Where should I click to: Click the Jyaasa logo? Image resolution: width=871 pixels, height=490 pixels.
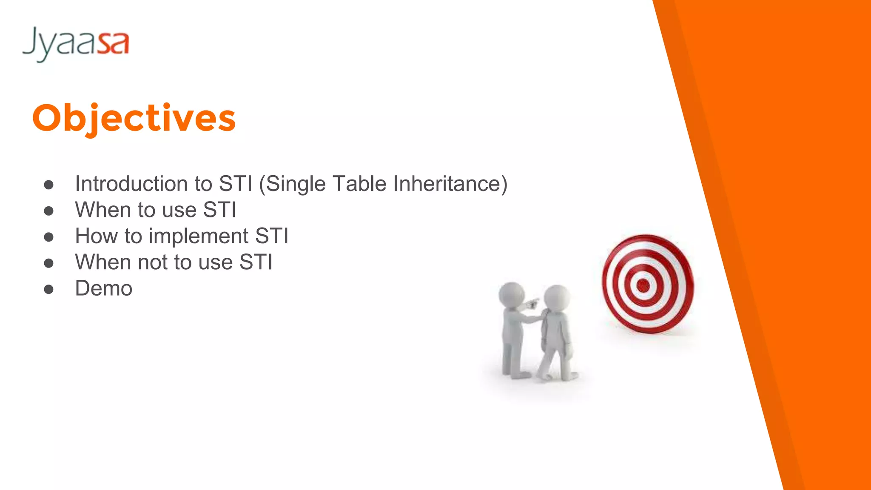click(x=76, y=43)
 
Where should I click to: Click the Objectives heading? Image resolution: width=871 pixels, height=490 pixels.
click(x=134, y=118)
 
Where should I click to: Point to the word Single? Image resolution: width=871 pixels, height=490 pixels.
click(x=296, y=185)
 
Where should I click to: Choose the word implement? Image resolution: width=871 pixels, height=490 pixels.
click(x=198, y=236)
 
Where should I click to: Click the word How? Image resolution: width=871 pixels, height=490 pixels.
click(x=96, y=236)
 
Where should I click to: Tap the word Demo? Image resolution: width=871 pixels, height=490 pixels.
click(x=104, y=288)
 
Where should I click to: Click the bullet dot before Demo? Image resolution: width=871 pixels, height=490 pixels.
click(x=49, y=290)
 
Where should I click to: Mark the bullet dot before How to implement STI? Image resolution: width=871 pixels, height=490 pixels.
click(x=49, y=237)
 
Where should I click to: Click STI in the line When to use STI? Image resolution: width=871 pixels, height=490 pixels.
click(x=219, y=210)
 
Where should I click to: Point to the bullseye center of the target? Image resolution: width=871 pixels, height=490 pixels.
click(x=643, y=285)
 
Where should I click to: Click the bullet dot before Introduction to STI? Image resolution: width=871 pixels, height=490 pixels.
click(x=49, y=185)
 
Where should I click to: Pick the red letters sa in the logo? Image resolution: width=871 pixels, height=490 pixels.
click(x=113, y=43)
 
